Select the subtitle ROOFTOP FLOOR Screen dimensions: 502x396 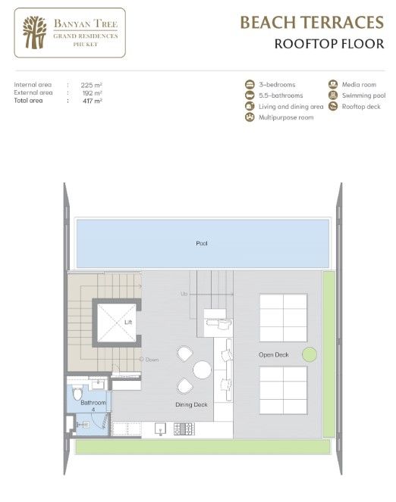click(328, 43)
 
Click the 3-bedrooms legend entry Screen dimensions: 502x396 click(274, 85)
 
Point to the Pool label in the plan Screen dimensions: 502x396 click(201, 244)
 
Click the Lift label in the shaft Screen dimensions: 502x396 click(128, 323)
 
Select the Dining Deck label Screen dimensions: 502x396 click(191, 405)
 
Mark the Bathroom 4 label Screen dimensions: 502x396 click(93, 406)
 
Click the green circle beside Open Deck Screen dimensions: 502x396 click(309, 354)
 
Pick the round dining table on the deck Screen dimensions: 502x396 click(202, 369)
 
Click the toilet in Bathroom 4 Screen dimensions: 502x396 click(76, 393)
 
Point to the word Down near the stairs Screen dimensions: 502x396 click(151, 360)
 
